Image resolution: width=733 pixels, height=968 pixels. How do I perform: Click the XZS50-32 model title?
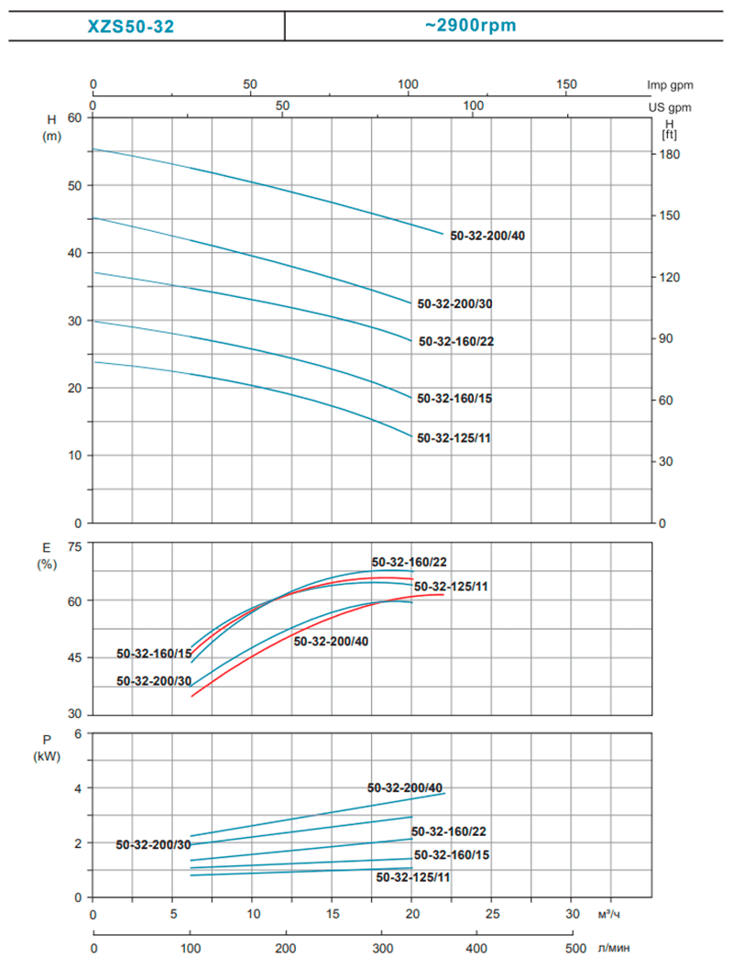[x=130, y=27]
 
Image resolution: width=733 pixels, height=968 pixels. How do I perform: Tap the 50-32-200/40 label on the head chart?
[x=487, y=236]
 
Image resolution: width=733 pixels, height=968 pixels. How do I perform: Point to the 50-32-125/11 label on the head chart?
[x=454, y=438]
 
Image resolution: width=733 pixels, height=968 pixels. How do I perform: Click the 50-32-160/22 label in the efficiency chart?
[x=409, y=562]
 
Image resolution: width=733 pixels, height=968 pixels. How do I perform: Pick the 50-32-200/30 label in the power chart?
[x=153, y=845]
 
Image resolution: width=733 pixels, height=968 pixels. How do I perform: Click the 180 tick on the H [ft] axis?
[x=670, y=155]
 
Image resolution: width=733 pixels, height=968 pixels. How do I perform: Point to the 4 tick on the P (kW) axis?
[x=78, y=788]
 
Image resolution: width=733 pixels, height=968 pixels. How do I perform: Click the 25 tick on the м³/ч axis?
[x=492, y=915]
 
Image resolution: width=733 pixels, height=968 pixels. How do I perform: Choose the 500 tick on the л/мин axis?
[x=574, y=948]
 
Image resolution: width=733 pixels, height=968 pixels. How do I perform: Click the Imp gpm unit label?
[x=671, y=85]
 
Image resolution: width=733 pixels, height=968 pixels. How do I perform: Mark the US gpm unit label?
[x=671, y=107]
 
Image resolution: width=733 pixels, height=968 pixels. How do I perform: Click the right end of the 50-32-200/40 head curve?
[x=443, y=234]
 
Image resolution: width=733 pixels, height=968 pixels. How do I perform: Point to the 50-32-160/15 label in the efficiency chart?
[x=154, y=654]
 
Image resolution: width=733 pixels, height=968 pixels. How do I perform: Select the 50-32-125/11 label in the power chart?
[x=413, y=877]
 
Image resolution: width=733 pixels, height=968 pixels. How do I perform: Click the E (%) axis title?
[x=46, y=555]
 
